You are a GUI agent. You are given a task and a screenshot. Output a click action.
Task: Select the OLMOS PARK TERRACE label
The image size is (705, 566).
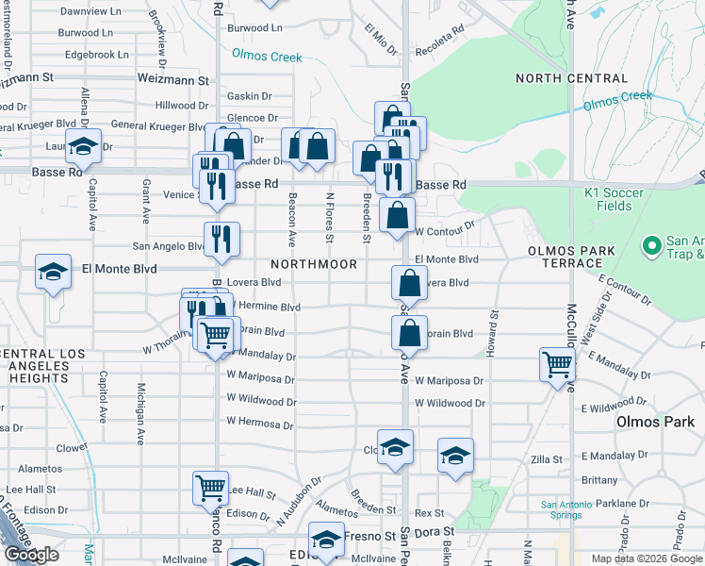point(571,258)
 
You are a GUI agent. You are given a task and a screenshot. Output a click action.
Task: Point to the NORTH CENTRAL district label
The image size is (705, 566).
point(571,78)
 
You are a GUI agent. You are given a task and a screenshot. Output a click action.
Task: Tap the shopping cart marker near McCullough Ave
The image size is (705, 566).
point(557,364)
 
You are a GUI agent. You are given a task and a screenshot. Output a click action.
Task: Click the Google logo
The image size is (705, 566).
point(31,555)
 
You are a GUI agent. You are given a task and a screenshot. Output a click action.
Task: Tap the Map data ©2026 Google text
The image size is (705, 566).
point(647,558)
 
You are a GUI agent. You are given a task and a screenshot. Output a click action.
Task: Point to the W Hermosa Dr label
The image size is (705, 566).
point(261,424)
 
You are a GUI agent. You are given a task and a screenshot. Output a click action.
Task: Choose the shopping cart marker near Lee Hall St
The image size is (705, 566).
point(211,488)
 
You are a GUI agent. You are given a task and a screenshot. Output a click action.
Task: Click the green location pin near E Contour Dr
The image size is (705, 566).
point(649,246)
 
